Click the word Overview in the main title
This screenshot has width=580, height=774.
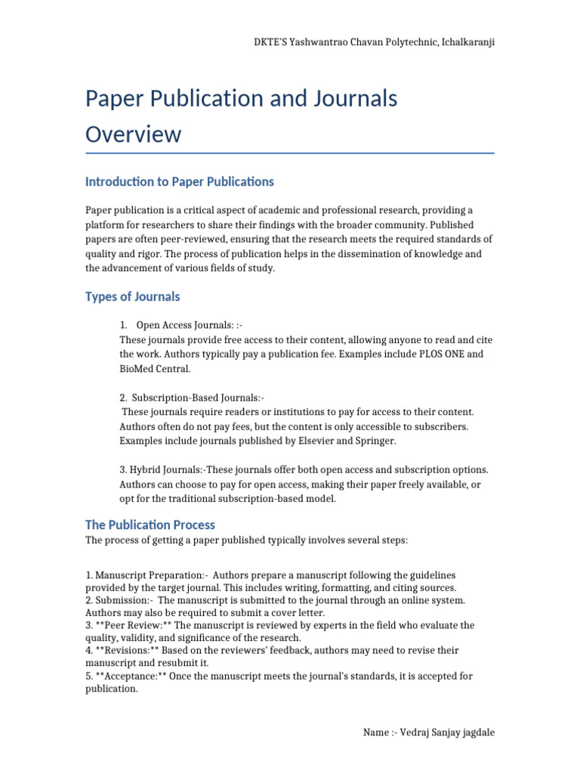[133, 134]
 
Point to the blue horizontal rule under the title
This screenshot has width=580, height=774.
[289, 153]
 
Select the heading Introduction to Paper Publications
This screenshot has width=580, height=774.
[179, 181]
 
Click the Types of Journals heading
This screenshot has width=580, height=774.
[132, 296]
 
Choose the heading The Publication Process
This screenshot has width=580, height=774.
[150, 525]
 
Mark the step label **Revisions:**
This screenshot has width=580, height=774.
[125, 650]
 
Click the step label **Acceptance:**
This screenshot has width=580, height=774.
[131, 676]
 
